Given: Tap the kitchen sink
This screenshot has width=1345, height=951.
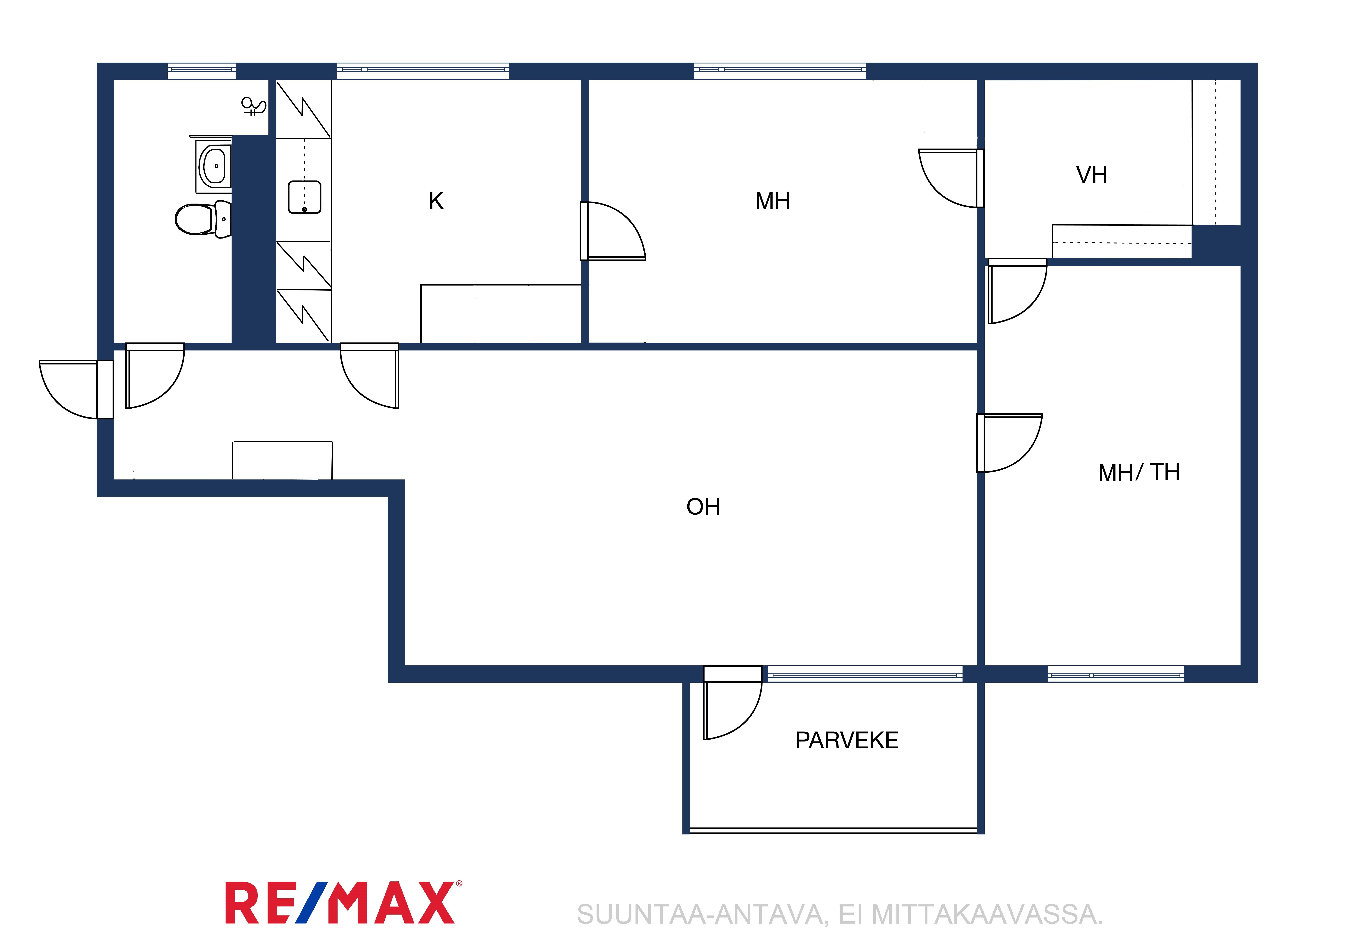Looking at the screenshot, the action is [x=305, y=197].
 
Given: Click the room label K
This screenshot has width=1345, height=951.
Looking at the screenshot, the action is [x=436, y=201].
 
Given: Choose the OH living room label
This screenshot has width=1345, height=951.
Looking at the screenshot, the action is [x=703, y=507].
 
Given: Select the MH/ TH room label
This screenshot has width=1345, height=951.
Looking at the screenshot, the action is [x=1139, y=472].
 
